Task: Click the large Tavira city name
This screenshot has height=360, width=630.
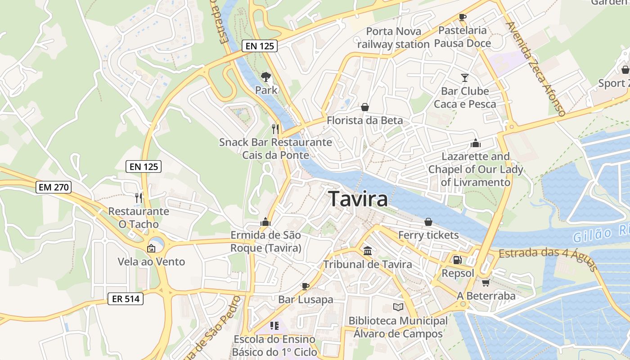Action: [358, 199]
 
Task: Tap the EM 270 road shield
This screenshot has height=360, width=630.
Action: [54, 187]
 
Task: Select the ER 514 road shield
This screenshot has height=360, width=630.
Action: [126, 298]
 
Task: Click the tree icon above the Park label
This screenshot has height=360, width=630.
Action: [266, 76]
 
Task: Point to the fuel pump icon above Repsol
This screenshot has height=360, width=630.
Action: [457, 260]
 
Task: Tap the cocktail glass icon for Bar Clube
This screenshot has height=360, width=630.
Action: [464, 78]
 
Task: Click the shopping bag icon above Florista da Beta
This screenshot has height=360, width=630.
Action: [364, 107]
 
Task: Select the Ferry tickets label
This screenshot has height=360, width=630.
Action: [428, 235]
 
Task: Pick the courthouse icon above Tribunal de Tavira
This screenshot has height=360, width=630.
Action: [367, 251]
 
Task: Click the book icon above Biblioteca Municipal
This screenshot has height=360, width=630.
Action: [398, 307]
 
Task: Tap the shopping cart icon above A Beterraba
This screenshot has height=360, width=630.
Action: [485, 283]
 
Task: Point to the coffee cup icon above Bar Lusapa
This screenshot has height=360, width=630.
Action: [306, 286]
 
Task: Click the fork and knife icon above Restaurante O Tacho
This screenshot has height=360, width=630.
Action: [139, 197]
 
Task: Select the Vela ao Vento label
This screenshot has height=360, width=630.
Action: [151, 261]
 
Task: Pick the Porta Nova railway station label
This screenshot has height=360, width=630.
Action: [393, 38]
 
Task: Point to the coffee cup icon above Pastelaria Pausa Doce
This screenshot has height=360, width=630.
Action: [462, 17]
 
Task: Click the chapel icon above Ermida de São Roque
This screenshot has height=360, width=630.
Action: [265, 222]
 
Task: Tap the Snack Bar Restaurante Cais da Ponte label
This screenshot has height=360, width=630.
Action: [275, 148]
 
